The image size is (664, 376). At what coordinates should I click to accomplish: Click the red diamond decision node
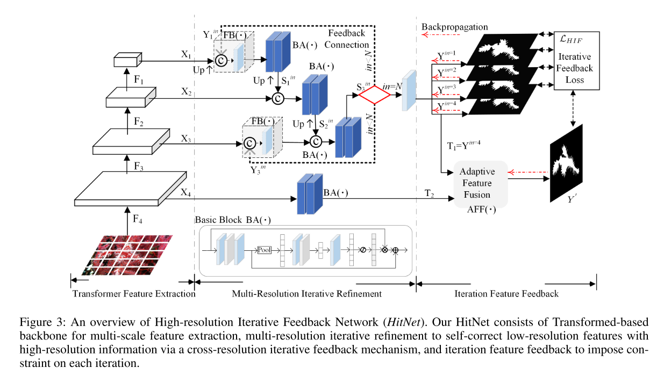click(x=374, y=95)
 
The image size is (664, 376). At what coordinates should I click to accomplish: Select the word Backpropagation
click(x=454, y=26)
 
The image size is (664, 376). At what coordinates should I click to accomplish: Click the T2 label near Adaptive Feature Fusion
click(x=430, y=192)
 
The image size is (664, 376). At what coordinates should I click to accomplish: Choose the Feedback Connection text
click(x=347, y=39)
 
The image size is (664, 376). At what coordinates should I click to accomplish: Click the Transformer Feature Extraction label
click(x=134, y=294)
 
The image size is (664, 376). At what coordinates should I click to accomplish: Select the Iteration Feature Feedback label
click(x=506, y=294)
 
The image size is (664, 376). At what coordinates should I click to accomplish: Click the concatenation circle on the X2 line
click(x=277, y=98)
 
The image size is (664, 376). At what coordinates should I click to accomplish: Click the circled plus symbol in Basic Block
click(x=395, y=250)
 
